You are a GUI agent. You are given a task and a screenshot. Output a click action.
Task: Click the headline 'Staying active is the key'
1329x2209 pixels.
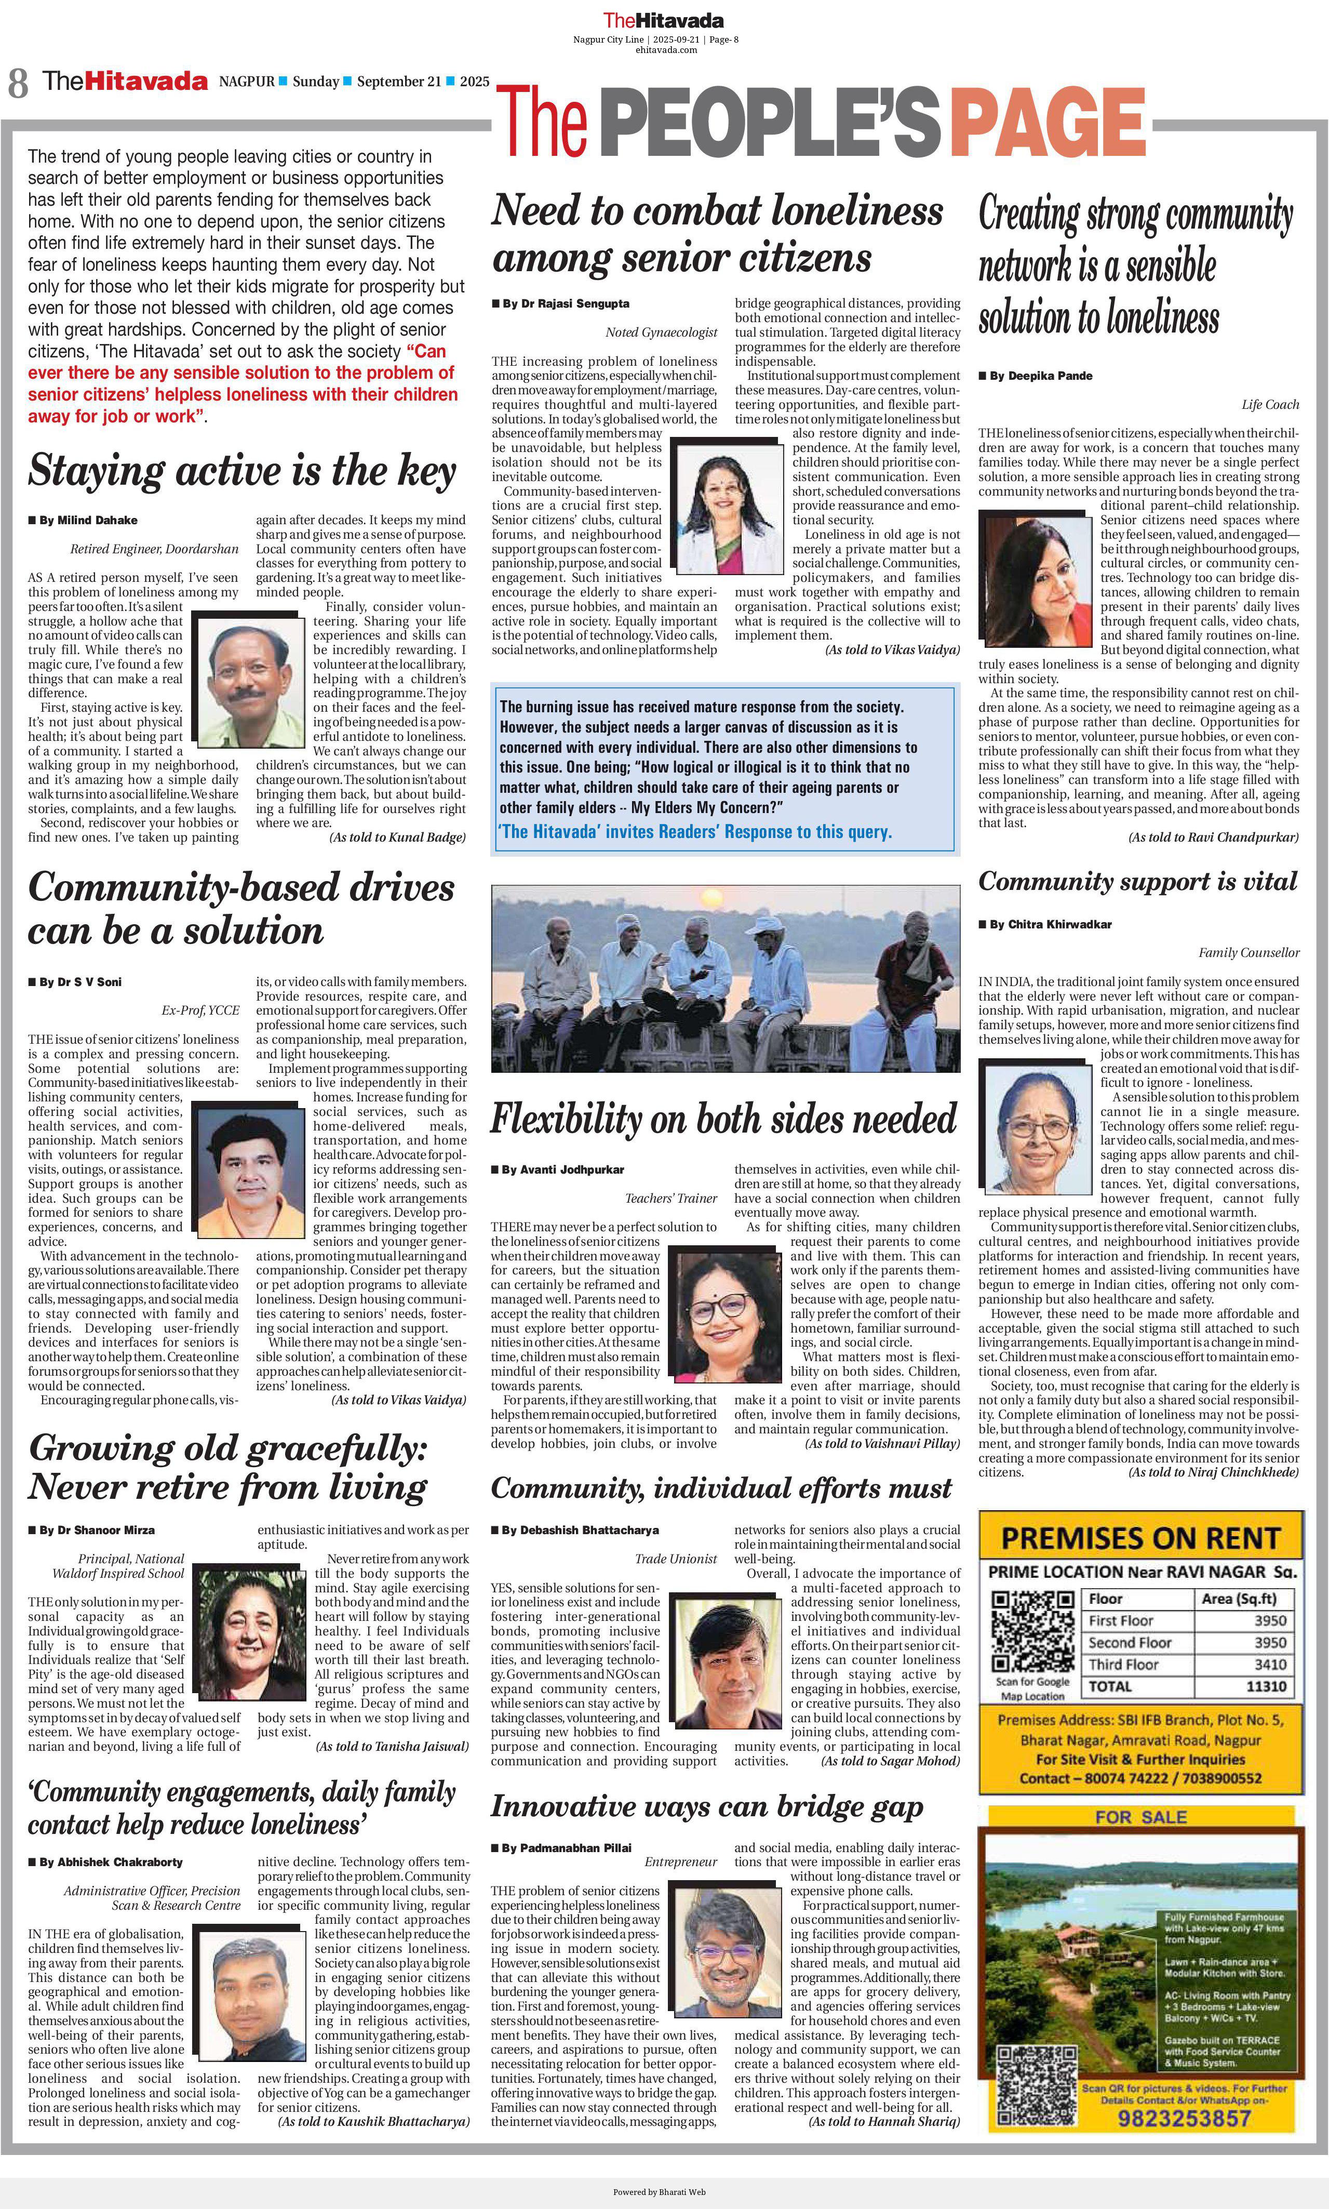point(243,471)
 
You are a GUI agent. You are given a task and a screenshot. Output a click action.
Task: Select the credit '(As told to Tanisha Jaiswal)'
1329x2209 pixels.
point(392,1746)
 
